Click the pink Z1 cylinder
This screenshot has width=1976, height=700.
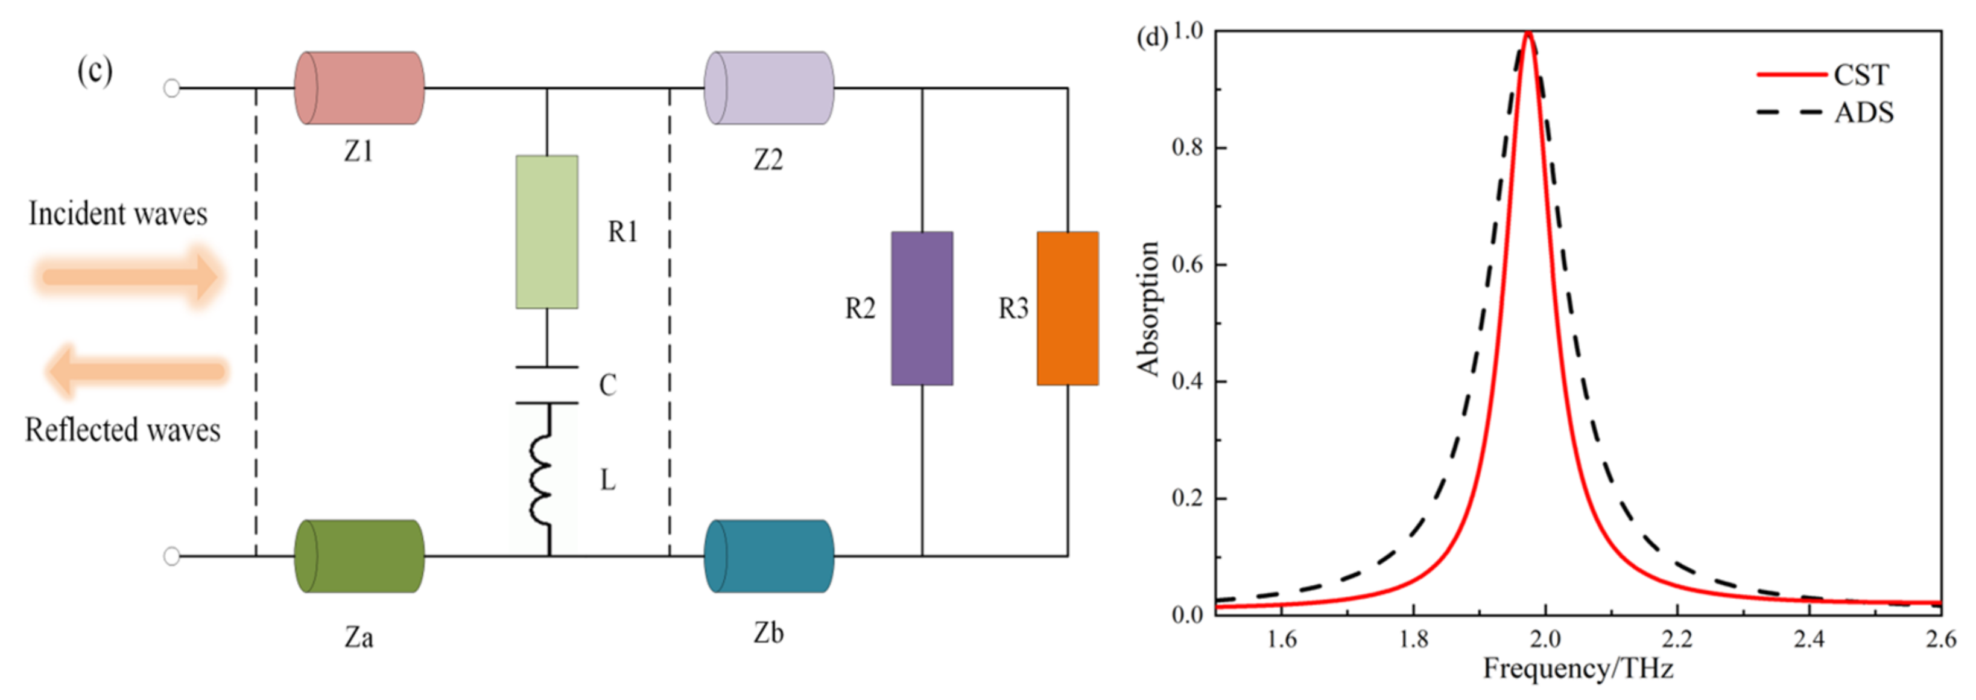click(x=359, y=87)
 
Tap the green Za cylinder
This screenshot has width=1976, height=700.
click(x=359, y=556)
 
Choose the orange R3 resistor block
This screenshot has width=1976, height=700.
click(x=1067, y=308)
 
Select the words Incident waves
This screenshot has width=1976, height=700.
click(x=118, y=214)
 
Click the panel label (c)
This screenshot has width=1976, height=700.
click(x=94, y=71)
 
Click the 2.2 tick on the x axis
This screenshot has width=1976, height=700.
click(x=1677, y=638)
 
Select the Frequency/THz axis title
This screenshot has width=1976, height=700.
click(x=1577, y=668)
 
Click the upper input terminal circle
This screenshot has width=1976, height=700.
click(x=172, y=88)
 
